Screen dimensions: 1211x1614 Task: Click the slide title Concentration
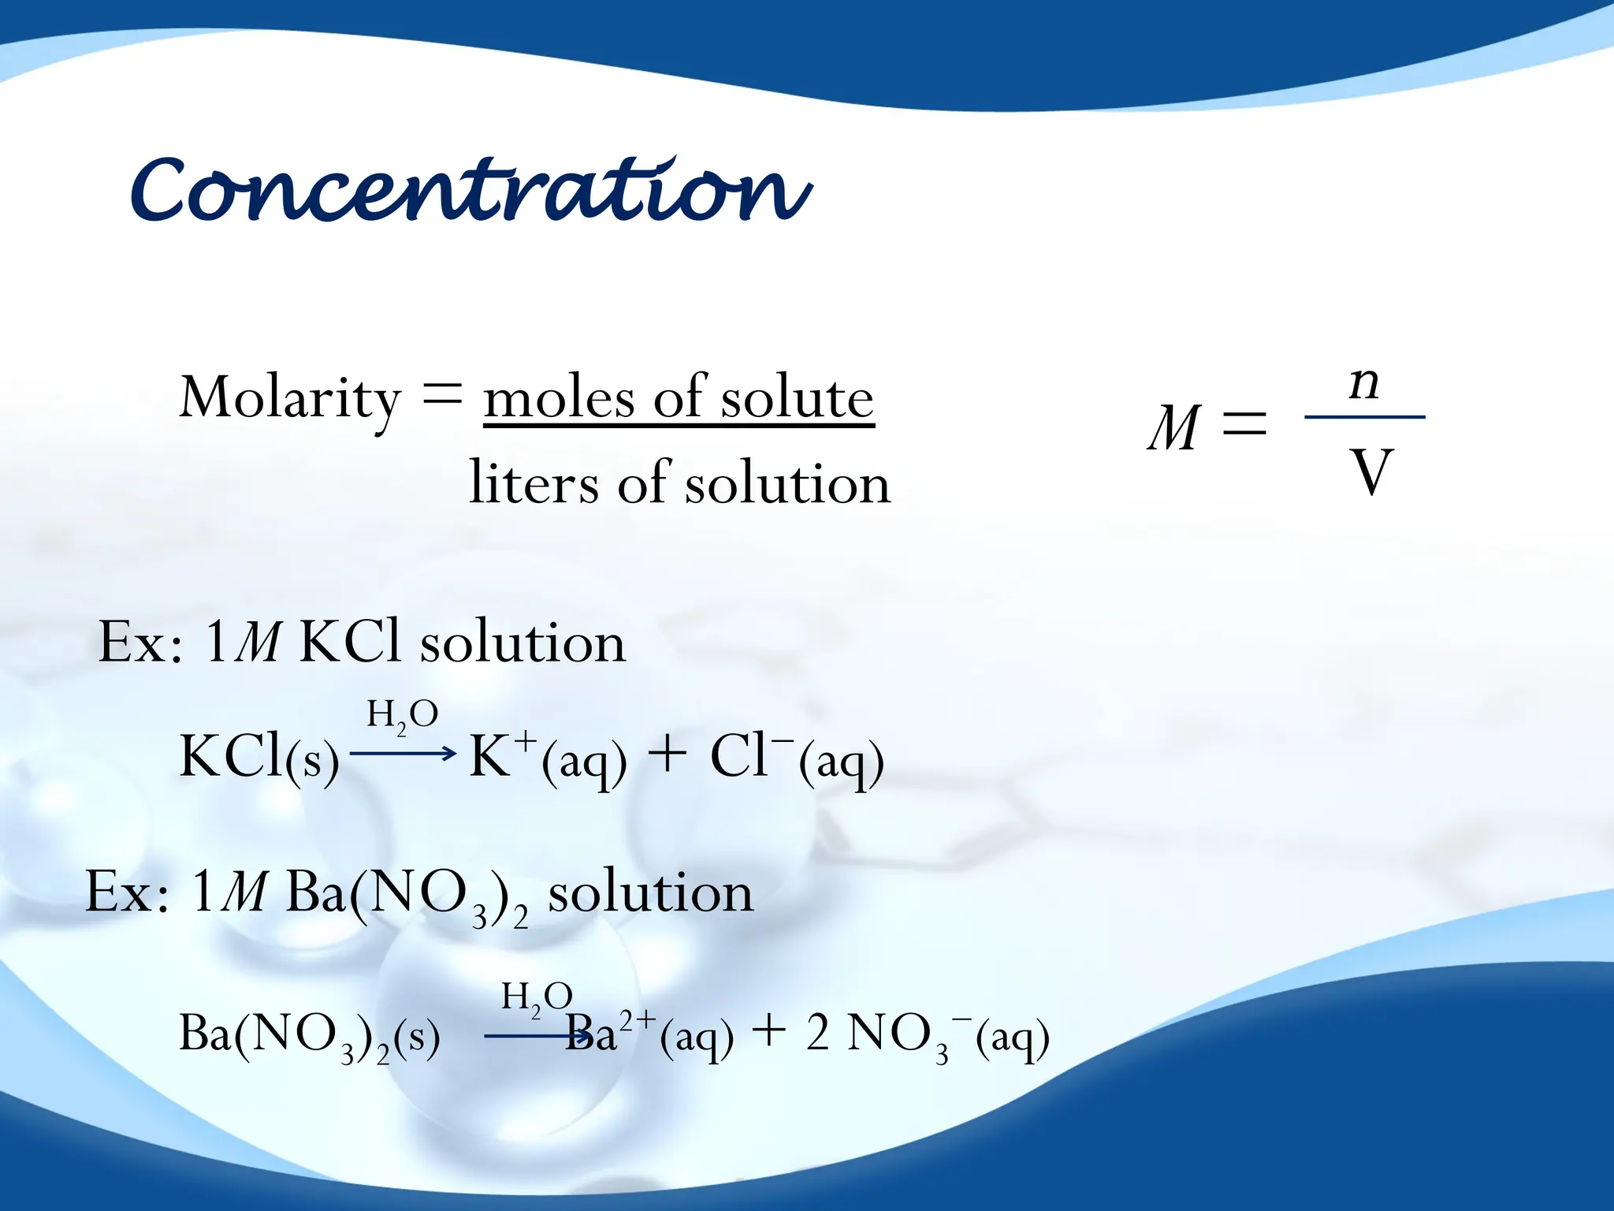coord(470,189)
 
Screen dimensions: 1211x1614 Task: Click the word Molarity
coord(290,398)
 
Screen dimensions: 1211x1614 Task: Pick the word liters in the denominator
coord(534,483)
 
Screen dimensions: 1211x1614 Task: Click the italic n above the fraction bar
coord(1364,383)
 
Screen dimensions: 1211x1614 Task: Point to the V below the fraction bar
coord(1372,472)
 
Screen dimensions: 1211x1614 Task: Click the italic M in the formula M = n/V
coord(1174,428)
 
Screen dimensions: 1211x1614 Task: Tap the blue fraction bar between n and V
coord(1364,416)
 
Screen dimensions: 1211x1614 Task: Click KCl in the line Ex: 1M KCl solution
coord(350,642)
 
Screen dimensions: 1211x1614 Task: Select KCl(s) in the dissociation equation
coord(259,758)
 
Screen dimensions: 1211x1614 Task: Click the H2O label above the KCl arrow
coord(402,714)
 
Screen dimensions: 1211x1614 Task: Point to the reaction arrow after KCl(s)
coord(403,754)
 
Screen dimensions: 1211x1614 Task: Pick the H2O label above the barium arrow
coord(537,997)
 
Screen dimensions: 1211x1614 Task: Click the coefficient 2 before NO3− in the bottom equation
coord(818,1033)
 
